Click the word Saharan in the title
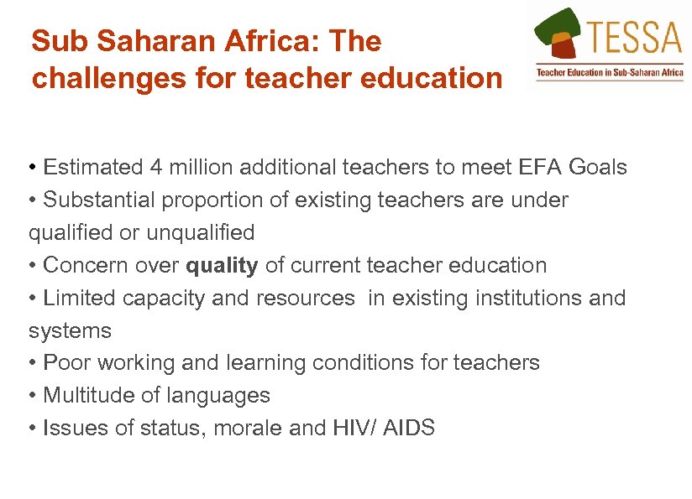pos(130,41)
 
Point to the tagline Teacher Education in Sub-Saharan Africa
pos(610,73)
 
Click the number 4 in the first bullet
pos(156,167)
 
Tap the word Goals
pos(597,167)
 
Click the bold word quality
pos(222,266)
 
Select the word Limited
pos(80,298)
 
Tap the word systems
pos(70,330)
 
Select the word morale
pos(248,428)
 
